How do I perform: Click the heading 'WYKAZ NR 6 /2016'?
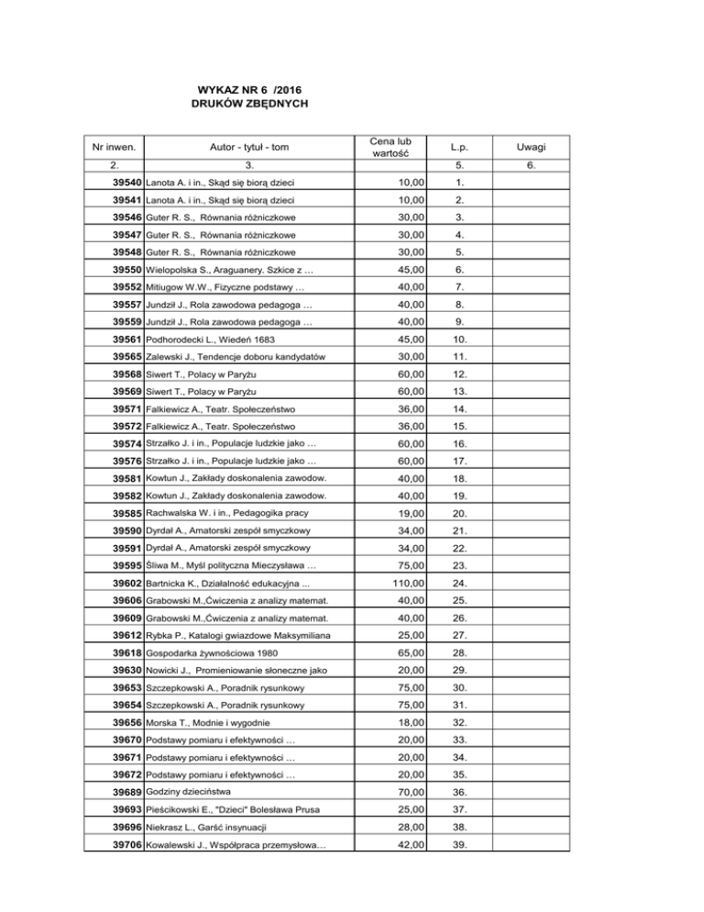pos(249,89)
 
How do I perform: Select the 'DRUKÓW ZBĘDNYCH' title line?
pos(249,105)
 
